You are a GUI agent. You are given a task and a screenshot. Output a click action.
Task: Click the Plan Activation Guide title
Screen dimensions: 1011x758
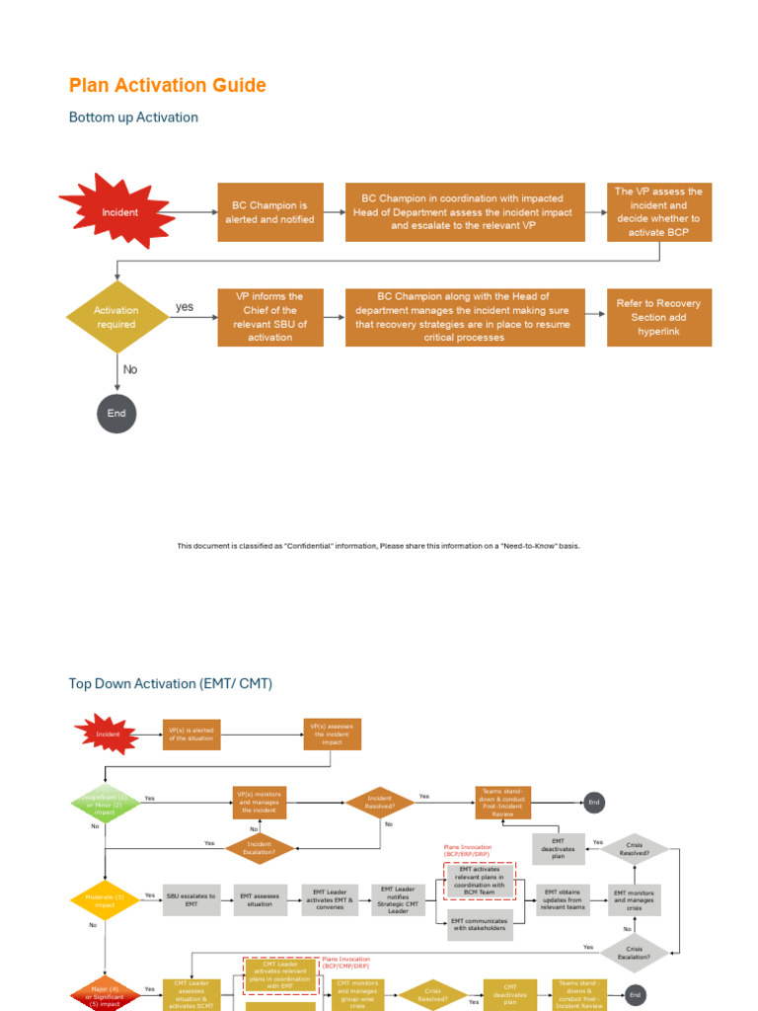(168, 86)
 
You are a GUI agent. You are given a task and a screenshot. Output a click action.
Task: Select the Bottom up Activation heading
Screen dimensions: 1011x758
(133, 117)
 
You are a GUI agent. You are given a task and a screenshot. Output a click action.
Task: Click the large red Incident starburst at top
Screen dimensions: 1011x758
(118, 211)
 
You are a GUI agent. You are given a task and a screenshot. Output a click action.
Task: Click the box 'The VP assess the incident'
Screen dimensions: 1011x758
(658, 211)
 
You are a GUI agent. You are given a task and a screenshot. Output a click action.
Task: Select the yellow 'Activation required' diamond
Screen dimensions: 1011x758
(116, 317)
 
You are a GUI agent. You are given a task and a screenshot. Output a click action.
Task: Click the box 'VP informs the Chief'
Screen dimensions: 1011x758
(270, 317)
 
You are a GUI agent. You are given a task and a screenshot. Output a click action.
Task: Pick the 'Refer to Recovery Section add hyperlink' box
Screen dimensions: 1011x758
(658, 317)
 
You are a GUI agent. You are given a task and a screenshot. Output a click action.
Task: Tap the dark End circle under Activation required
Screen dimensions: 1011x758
(116, 413)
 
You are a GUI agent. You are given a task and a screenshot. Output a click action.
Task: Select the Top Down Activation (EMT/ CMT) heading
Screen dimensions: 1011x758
(170, 683)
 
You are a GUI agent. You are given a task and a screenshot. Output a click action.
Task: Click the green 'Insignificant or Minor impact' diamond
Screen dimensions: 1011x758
(105, 804)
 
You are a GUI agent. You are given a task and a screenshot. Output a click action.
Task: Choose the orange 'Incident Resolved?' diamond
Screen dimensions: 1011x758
(379, 802)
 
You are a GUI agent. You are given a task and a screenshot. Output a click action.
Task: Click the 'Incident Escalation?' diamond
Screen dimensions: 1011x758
(260, 848)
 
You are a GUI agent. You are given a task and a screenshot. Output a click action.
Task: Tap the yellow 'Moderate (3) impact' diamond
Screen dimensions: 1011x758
(105, 900)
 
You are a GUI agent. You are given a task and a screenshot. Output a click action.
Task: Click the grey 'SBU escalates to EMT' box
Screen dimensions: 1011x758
(190, 900)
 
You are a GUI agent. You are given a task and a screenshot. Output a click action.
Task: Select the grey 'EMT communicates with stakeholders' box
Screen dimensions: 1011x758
(480, 925)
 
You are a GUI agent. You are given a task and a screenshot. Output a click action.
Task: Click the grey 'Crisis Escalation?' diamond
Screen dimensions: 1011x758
(634, 952)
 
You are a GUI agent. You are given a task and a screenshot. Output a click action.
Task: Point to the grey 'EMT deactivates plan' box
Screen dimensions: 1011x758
(559, 849)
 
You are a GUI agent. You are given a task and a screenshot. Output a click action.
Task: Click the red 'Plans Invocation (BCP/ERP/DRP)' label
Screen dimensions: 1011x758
(467, 850)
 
